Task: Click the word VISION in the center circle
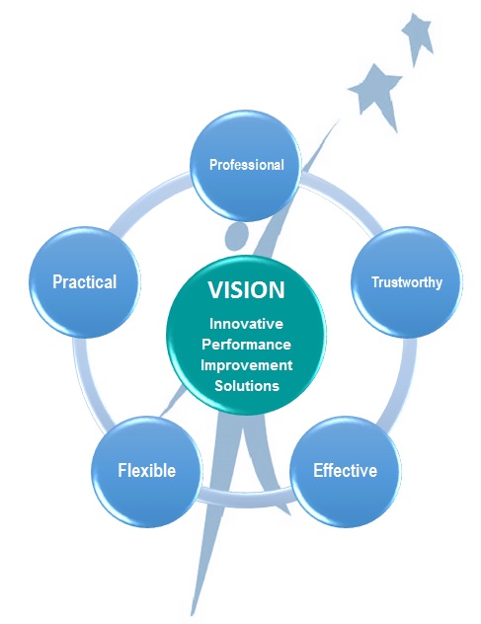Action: (x=246, y=291)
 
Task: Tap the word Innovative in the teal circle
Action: (x=246, y=325)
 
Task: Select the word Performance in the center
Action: (x=246, y=345)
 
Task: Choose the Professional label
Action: (x=246, y=165)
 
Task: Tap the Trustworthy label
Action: (x=406, y=282)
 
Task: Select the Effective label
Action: (x=345, y=470)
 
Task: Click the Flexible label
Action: (x=147, y=470)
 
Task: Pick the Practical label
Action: (x=84, y=282)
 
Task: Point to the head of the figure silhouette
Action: (x=237, y=236)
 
